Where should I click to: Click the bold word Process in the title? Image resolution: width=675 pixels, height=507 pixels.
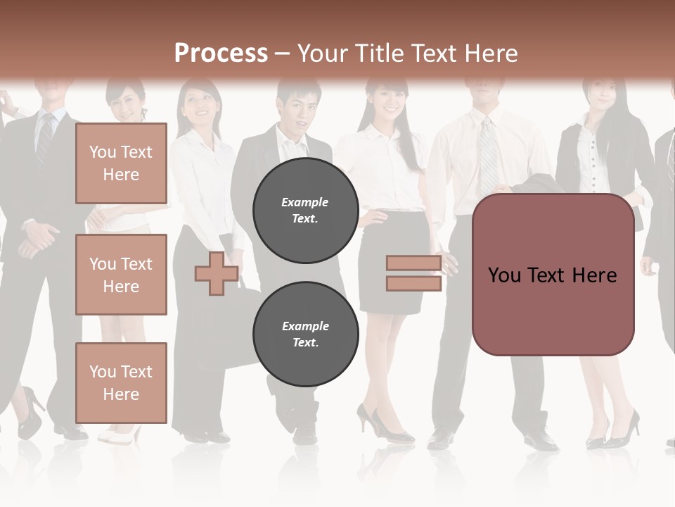pos(221,54)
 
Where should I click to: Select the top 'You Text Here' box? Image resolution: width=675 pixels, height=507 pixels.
pos(121,163)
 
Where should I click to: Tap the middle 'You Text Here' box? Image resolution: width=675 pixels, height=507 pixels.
pos(121,275)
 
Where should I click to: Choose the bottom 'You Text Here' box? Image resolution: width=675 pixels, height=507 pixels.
pos(121,382)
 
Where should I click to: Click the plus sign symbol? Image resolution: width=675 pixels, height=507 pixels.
pos(217,273)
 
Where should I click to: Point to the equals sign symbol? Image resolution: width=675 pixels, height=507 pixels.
pos(413,273)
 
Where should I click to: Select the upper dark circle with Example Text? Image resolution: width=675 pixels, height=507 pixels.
pos(305,210)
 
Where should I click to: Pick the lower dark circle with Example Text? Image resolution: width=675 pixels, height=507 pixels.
pos(305,334)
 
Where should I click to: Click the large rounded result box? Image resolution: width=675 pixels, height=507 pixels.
pos(553,275)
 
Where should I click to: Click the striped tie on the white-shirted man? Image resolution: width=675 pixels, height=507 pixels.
pos(488,155)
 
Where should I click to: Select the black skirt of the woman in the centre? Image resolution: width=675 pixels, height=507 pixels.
pos(392,261)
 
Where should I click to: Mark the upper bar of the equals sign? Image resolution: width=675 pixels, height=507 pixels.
pos(413,263)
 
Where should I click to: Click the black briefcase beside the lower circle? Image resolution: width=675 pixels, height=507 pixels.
pos(232,331)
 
